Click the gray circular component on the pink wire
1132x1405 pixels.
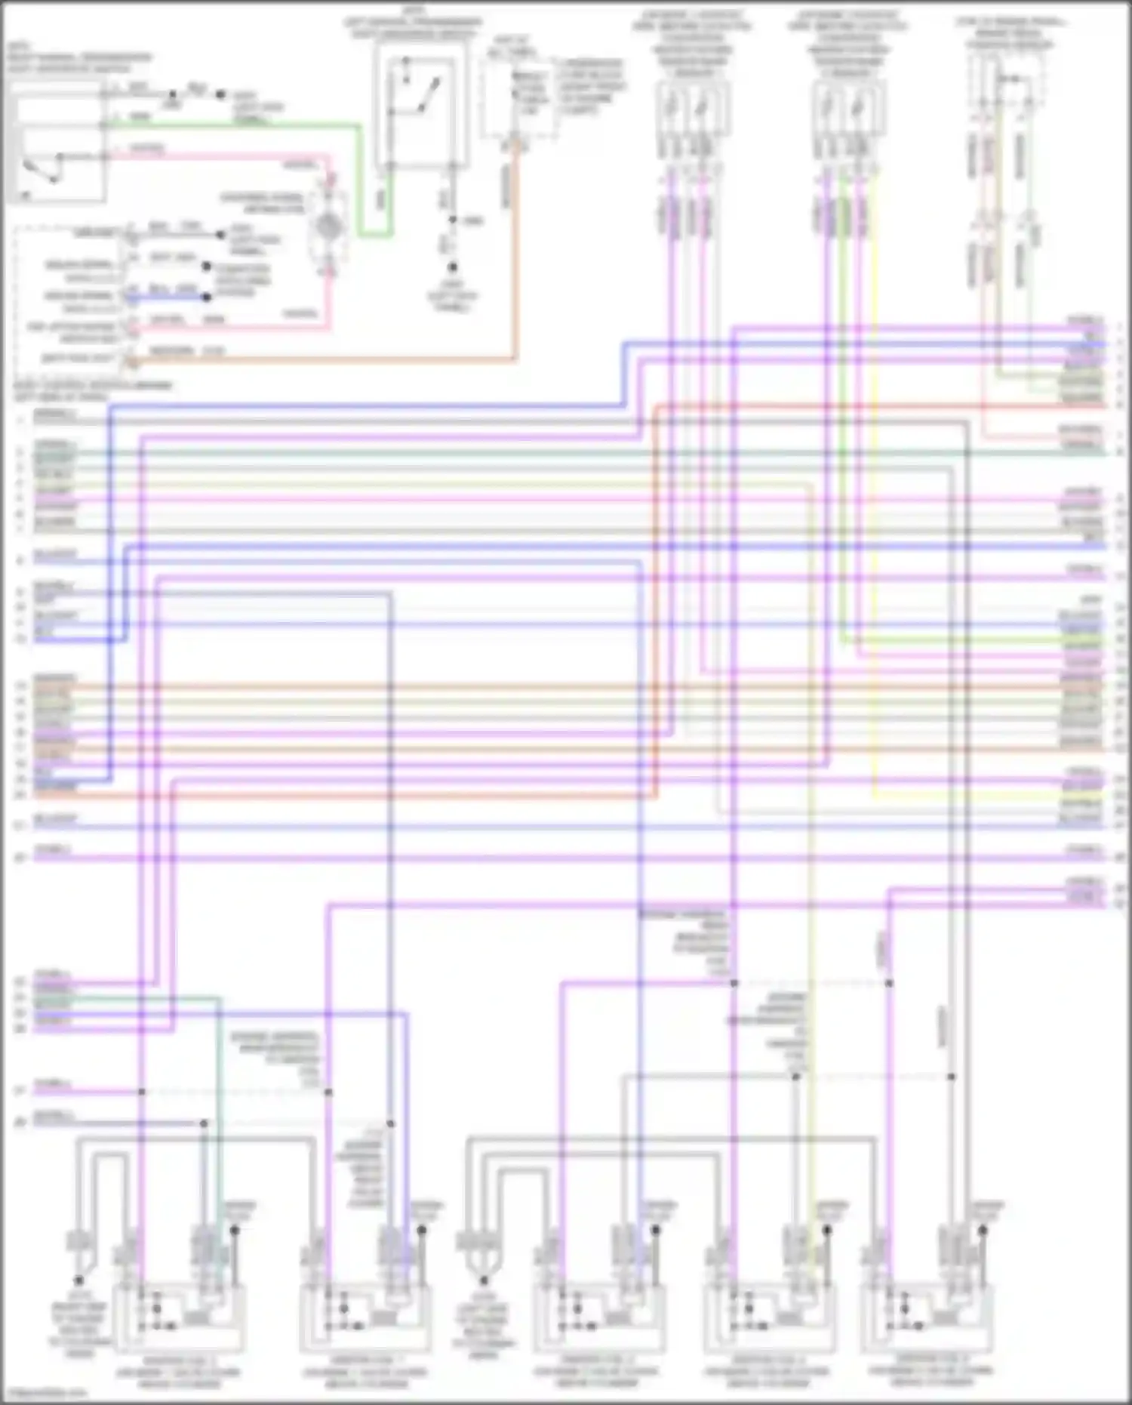[328, 226]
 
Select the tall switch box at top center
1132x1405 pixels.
[420, 103]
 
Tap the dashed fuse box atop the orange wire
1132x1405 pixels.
[519, 98]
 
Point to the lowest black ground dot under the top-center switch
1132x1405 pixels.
[452, 267]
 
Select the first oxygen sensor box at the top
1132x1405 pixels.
[691, 109]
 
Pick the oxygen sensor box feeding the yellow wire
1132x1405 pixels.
[850, 109]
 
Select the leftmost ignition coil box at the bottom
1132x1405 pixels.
[178, 1317]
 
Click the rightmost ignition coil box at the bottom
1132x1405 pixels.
[927, 1317]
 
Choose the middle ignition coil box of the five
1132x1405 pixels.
[598, 1317]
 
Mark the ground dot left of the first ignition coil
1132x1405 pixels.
[78, 1280]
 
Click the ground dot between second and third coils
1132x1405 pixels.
[484, 1280]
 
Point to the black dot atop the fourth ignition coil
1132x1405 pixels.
[826, 1230]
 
